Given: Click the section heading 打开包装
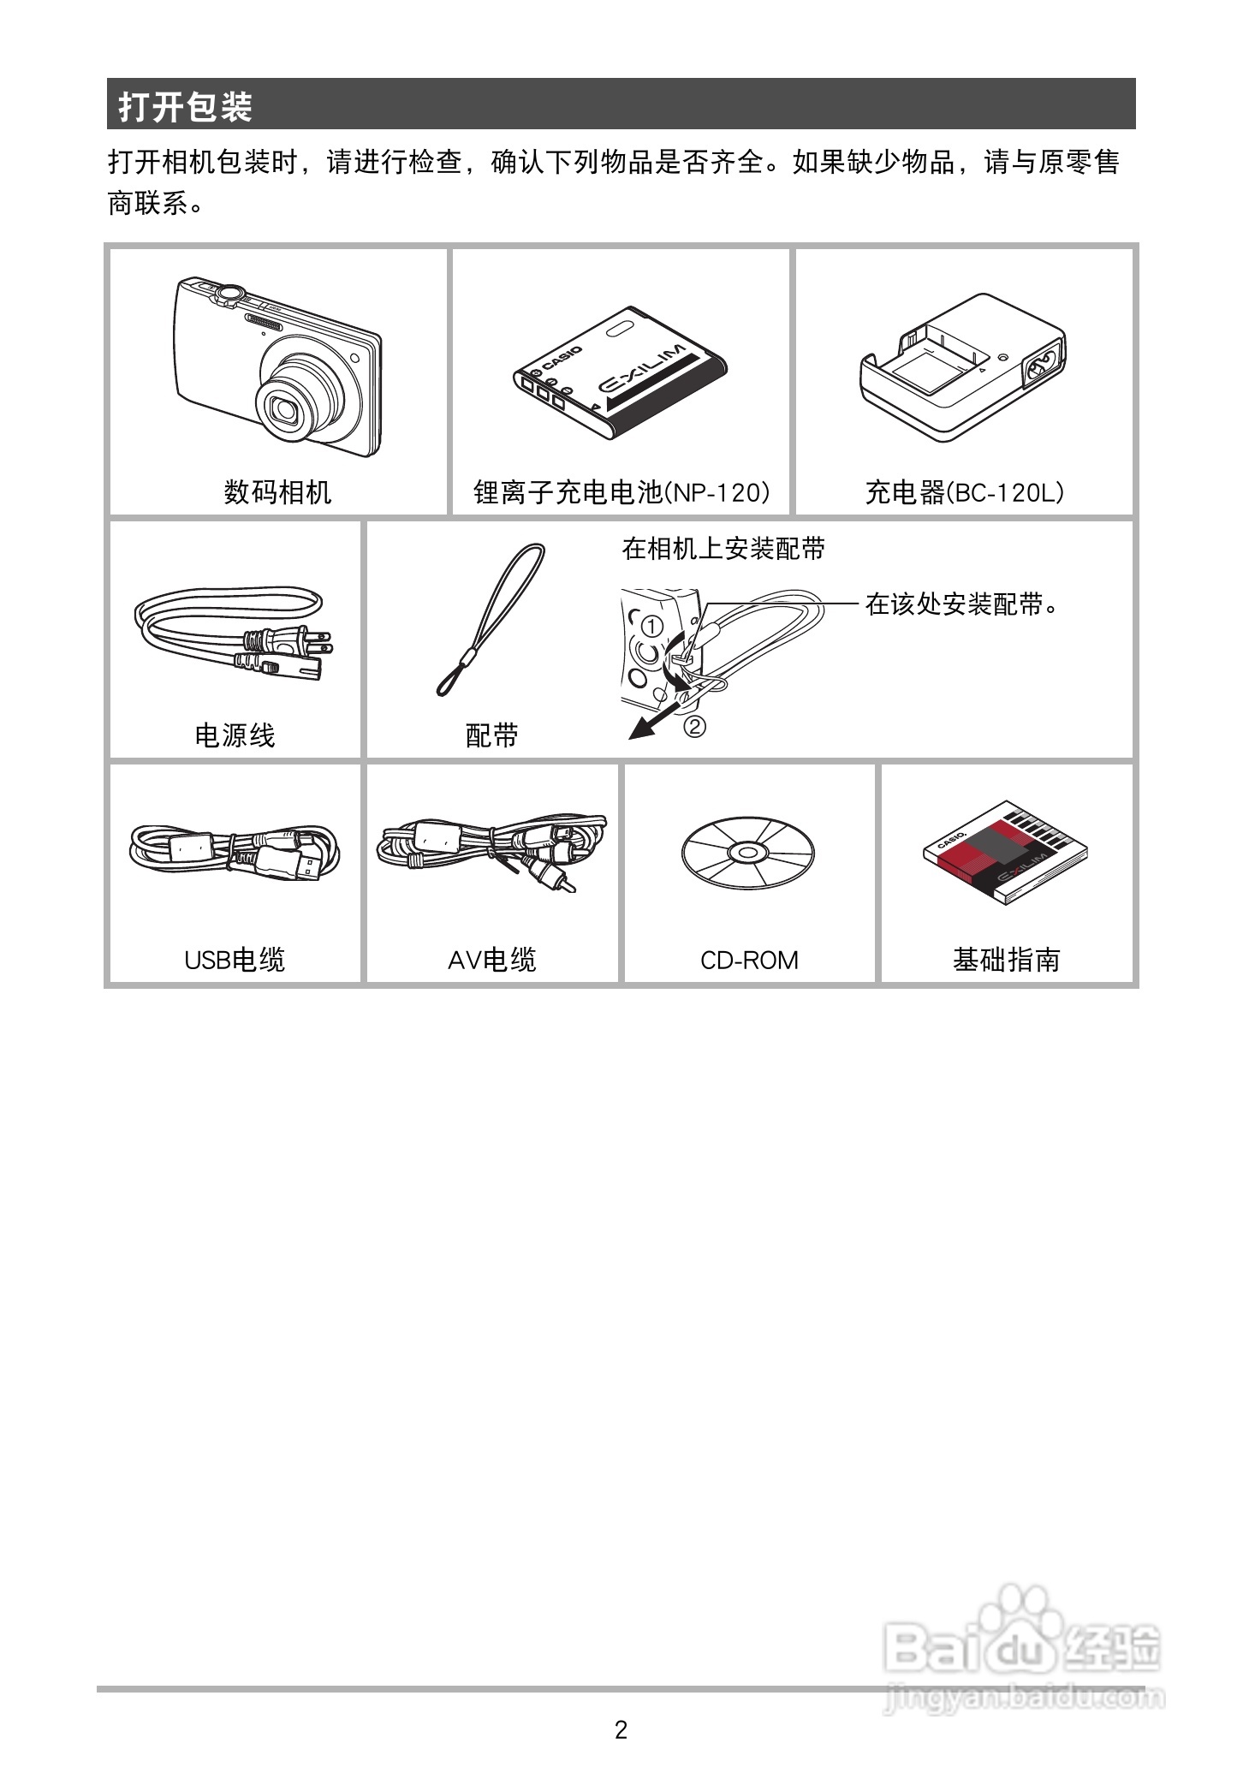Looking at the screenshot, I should [x=186, y=107].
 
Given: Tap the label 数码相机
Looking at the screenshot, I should [x=277, y=492].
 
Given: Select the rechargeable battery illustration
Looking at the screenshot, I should [x=620, y=375].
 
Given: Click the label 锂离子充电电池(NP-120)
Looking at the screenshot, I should [x=621, y=492].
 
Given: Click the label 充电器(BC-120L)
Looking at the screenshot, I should [x=964, y=492].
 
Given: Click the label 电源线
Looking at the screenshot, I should [x=235, y=735].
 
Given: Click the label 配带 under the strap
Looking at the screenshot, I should [x=492, y=735].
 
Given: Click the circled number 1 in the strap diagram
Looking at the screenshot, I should [x=652, y=627].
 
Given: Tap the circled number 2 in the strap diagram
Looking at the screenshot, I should [x=694, y=727].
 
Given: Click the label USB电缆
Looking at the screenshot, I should [x=235, y=961].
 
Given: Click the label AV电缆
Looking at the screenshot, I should [x=492, y=961].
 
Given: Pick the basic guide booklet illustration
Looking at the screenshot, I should [x=1006, y=852].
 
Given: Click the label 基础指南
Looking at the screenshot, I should [x=1006, y=961].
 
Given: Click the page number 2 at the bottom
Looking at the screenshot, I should [x=621, y=1730].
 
